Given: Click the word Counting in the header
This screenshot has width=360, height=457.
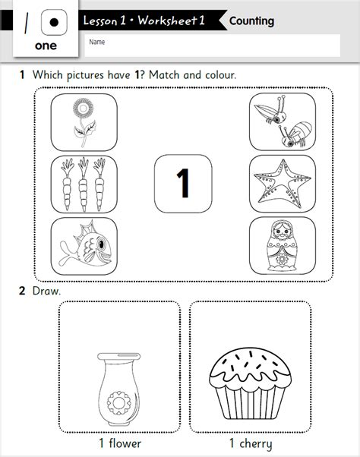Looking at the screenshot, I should pyautogui.click(x=251, y=20).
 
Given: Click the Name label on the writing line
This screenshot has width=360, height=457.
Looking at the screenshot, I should pyautogui.click(x=96, y=43).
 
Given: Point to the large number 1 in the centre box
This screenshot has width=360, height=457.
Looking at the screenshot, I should pyautogui.click(x=182, y=183).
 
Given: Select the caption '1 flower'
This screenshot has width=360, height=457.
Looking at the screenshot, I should pyautogui.click(x=119, y=443).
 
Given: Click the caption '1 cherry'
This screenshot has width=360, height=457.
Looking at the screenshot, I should pyautogui.click(x=250, y=443).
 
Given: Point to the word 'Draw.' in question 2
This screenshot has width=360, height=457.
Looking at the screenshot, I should pyautogui.click(x=43, y=291).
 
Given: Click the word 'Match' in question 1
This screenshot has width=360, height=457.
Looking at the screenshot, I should pyautogui.click(x=169, y=75).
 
